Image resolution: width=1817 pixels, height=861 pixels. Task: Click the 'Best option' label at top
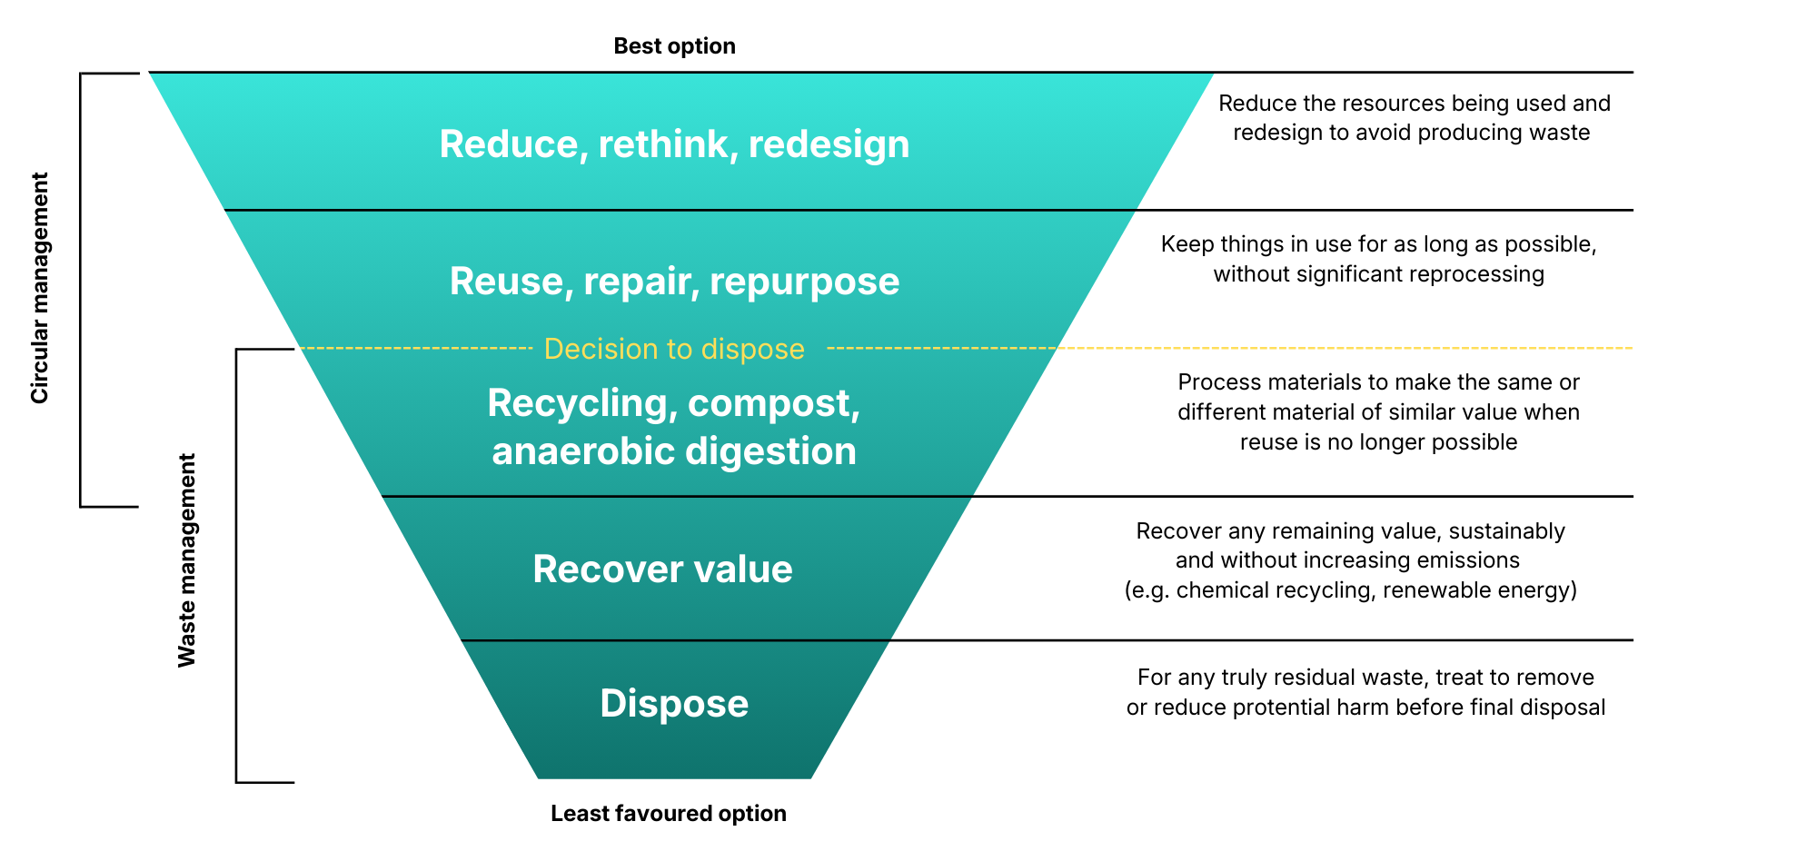674,46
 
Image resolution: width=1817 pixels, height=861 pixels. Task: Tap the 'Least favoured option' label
668,813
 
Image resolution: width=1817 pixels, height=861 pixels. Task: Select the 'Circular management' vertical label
40,288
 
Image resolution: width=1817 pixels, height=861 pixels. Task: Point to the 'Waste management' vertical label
187,560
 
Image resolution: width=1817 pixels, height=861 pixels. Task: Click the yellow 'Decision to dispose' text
674,349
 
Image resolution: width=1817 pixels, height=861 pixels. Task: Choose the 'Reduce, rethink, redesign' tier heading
674,144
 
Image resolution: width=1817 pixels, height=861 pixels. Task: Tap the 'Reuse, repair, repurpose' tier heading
674,282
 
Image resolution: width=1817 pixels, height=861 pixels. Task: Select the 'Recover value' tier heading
662,569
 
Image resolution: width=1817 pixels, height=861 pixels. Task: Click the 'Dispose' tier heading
674,704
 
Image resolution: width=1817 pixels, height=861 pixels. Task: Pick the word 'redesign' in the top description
1274,133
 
